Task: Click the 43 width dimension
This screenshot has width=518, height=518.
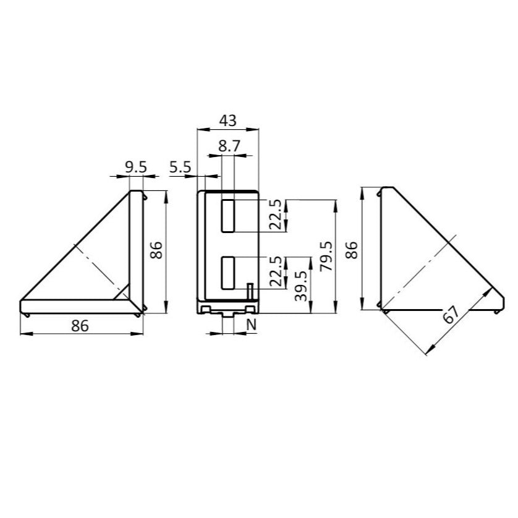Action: pyautogui.click(x=227, y=121)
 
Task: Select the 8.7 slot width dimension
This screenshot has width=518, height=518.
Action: pyautogui.click(x=228, y=146)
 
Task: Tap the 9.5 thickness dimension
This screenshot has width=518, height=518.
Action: pyautogui.click(x=135, y=167)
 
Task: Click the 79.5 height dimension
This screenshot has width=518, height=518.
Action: pyautogui.click(x=327, y=257)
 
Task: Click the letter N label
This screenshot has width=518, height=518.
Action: pyautogui.click(x=252, y=325)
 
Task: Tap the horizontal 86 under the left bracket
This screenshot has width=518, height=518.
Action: pyautogui.click(x=80, y=326)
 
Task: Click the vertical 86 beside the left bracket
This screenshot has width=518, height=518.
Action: pyautogui.click(x=157, y=250)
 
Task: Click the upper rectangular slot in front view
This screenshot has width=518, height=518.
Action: pyautogui.click(x=228, y=215)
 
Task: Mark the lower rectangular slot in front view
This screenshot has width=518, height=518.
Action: pyautogui.click(x=228, y=273)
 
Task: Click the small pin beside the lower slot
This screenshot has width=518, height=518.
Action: pyautogui.click(x=250, y=291)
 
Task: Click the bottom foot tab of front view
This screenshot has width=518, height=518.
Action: pyautogui.click(x=228, y=314)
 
